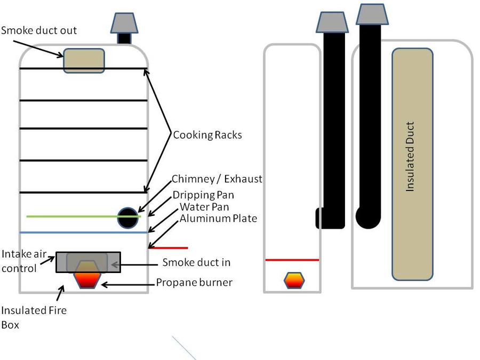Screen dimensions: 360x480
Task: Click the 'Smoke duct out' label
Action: coord(39,30)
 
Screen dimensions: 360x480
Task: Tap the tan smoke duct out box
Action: coord(84,60)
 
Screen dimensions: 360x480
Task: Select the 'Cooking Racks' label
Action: coord(207,135)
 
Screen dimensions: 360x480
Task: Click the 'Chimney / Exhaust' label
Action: coord(217,179)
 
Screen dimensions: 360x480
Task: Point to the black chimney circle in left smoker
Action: coord(128,218)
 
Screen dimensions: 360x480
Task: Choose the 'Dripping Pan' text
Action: coord(203,195)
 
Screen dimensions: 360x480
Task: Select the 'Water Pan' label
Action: coord(201,207)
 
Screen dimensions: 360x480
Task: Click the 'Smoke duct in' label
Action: coord(196,262)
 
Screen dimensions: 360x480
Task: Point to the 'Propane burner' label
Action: coord(194,282)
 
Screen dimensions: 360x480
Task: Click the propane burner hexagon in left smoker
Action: coord(87,278)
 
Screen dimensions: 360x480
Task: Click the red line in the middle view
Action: coord(292,260)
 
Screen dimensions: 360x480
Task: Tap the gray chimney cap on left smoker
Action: coord(124,23)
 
